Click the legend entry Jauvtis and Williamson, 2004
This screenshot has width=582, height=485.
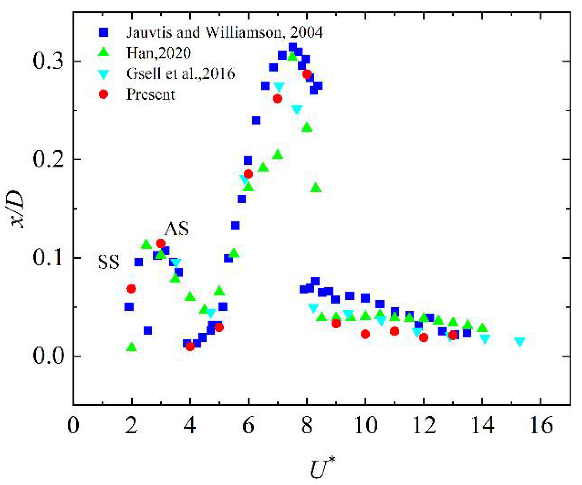tap(224, 33)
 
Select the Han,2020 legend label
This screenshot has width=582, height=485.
tap(158, 53)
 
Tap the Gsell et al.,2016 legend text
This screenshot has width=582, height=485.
tap(181, 73)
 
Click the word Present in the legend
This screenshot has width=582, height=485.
tap(150, 94)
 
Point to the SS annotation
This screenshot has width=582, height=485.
tap(109, 262)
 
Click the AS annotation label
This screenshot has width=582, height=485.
tap(177, 229)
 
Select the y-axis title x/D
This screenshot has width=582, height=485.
tap(17, 210)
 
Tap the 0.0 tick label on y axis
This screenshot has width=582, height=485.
tap(48, 356)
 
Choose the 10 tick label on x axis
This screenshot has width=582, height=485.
tap(365, 425)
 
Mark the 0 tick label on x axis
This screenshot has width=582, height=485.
tap(73, 425)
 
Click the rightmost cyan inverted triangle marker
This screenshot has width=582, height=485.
tap(519, 342)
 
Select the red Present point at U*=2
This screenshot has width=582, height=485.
tap(131, 289)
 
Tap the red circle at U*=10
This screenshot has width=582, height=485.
tap(365, 334)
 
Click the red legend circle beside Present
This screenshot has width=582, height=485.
tap(104, 94)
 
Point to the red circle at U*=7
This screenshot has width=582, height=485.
tap(277, 99)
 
